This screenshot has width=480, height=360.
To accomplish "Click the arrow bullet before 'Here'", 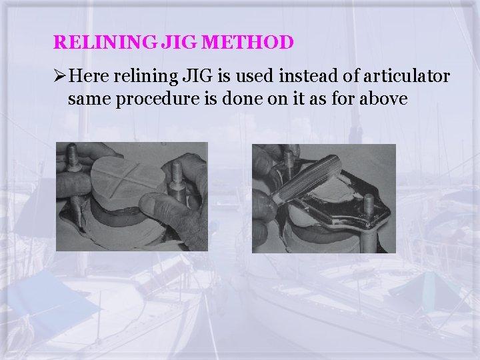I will pos(59,77).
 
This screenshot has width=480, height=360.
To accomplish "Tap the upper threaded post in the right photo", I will pos(289,161).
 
